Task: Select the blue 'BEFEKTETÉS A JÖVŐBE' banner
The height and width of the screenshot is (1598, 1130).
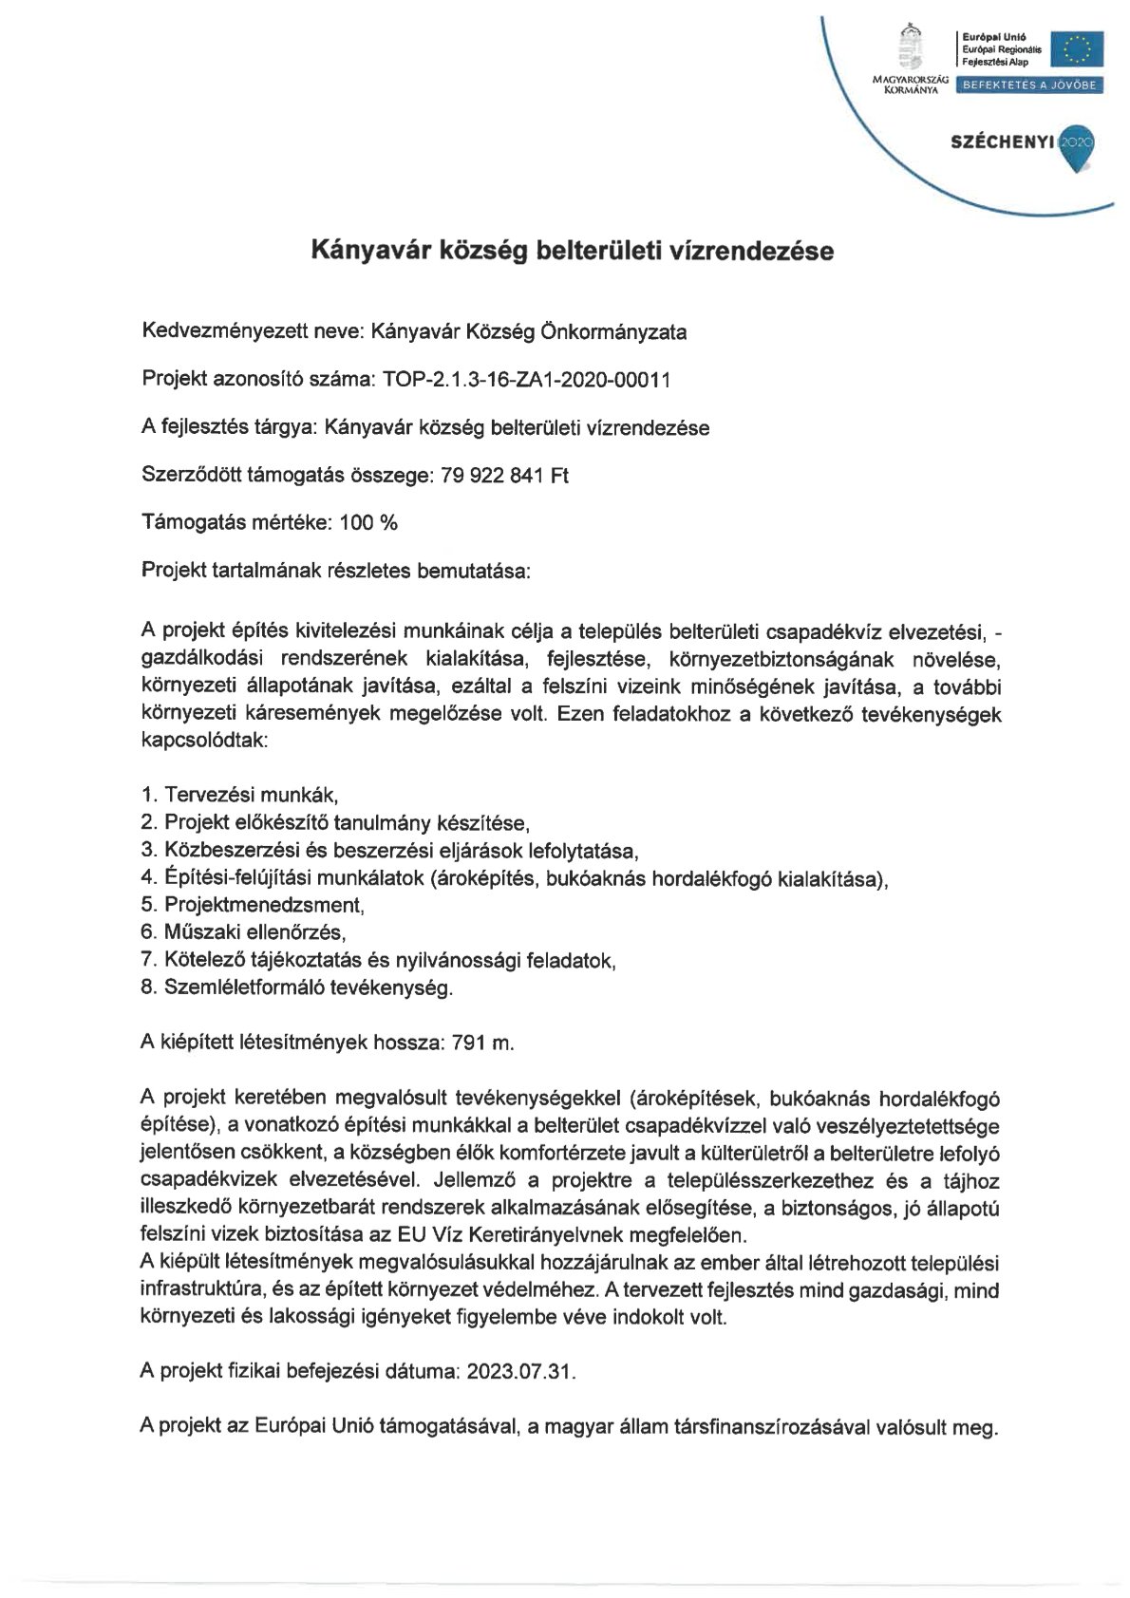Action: pyautogui.click(x=1029, y=85)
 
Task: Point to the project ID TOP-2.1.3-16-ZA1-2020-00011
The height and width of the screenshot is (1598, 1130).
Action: pyautogui.click(x=526, y=380)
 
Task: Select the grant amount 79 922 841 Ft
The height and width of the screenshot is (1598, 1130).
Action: pyautogui.click(x=504, y=475)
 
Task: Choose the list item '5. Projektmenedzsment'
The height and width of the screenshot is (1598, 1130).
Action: pyautogui.click(x=253, y=905)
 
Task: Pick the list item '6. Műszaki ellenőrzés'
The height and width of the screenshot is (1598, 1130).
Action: pyautogui.click(x=243, y=932)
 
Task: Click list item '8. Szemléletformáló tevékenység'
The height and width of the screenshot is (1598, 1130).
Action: pyautogui.click(x=296, y=987)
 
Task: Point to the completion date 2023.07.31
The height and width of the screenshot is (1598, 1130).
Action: pyautogui.click(x=521, y=1372)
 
